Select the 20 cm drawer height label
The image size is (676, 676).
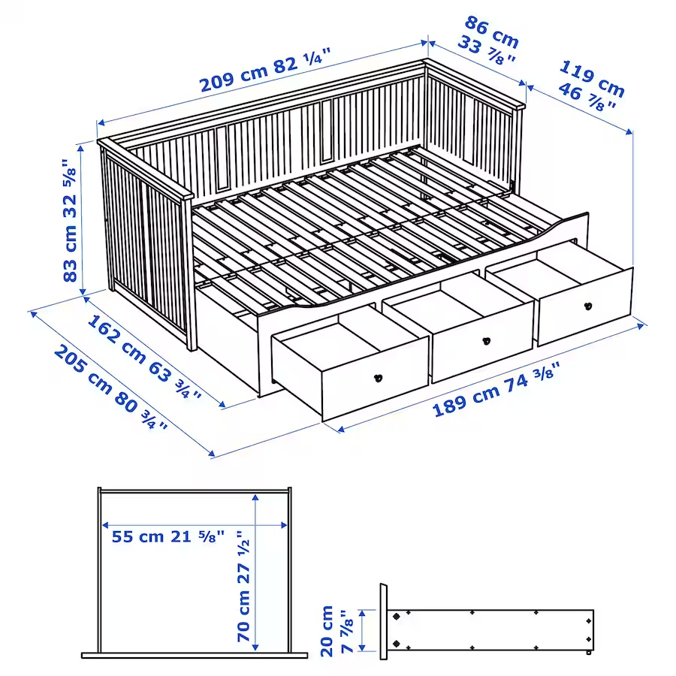(x=327, y=631)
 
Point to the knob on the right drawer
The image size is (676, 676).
(x=587, y=306)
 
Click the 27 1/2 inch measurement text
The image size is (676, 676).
(x=244, y=555)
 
